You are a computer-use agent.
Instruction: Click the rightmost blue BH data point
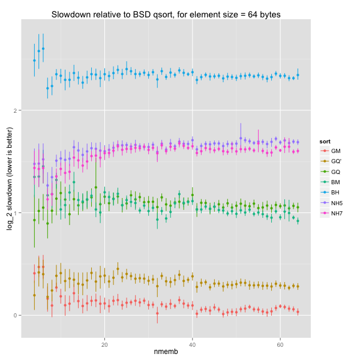298,75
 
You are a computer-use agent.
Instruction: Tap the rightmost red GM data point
298,311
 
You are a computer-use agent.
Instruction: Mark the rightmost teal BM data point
298,221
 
